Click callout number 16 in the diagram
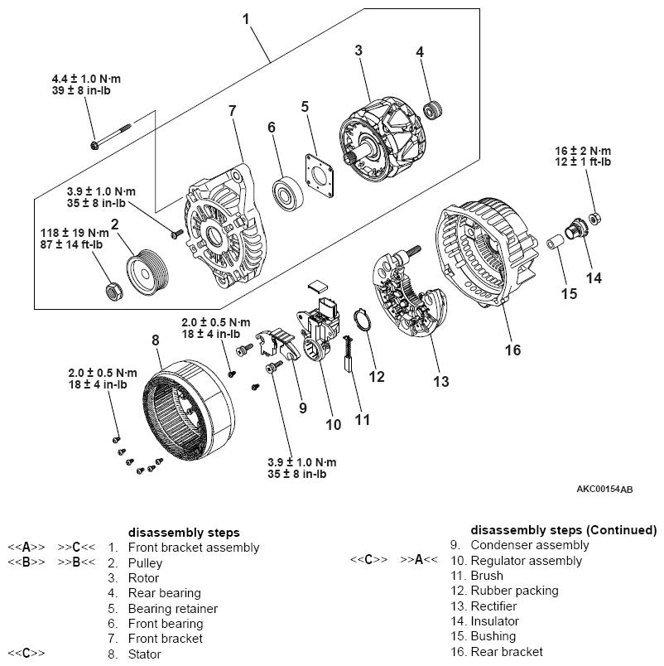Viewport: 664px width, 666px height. (512, 350)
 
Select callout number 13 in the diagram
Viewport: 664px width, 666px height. (441, 381)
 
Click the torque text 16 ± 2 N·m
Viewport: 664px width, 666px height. (583, 151)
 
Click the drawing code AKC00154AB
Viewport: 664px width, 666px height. (604, 489)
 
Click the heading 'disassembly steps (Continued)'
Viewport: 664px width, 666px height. (563, 529)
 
